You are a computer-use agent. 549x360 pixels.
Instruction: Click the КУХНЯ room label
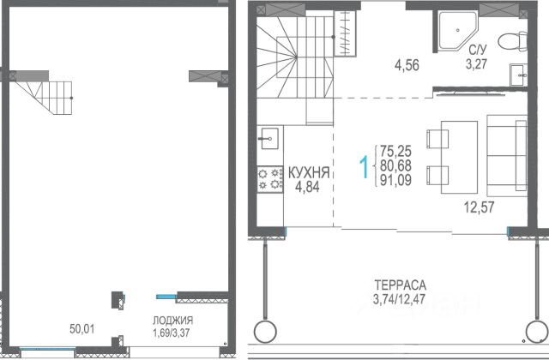click(x=309, y=173)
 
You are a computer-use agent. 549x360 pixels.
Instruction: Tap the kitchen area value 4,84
click(x=307, y=187)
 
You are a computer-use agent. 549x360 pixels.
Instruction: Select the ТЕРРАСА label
click(x=401, y=285)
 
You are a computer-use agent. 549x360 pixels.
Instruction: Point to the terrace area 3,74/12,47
click(x=399, y=299)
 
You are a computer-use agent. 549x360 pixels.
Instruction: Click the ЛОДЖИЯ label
click(x=172, y=320)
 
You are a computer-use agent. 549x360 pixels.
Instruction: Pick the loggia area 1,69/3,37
click(x=172, y=333)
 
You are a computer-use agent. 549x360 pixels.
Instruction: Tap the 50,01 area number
click(x=82, y=329)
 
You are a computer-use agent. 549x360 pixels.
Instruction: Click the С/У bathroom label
click(x=478, y=50)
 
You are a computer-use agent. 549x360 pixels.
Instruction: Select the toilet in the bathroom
click(x=512, y=42)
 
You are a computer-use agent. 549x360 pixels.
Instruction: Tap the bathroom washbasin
click(x=518, y=75)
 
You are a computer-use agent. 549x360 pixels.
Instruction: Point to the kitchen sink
click(x=268, y=138)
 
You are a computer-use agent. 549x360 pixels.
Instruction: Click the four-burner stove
click(x=270, y=179)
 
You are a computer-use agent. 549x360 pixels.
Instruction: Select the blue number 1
click(x=365, y=167)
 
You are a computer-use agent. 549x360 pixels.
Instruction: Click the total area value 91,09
click(x=395, y=180)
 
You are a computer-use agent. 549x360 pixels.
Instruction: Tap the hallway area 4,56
click(x=407, y=65)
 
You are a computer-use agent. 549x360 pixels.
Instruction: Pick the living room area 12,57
click(x=479, y=207)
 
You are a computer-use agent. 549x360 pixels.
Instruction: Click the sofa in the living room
click(x=507, y=156)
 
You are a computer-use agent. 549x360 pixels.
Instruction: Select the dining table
click(x=459, y=157)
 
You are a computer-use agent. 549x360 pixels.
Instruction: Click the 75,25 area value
click(x=395, y=151)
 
